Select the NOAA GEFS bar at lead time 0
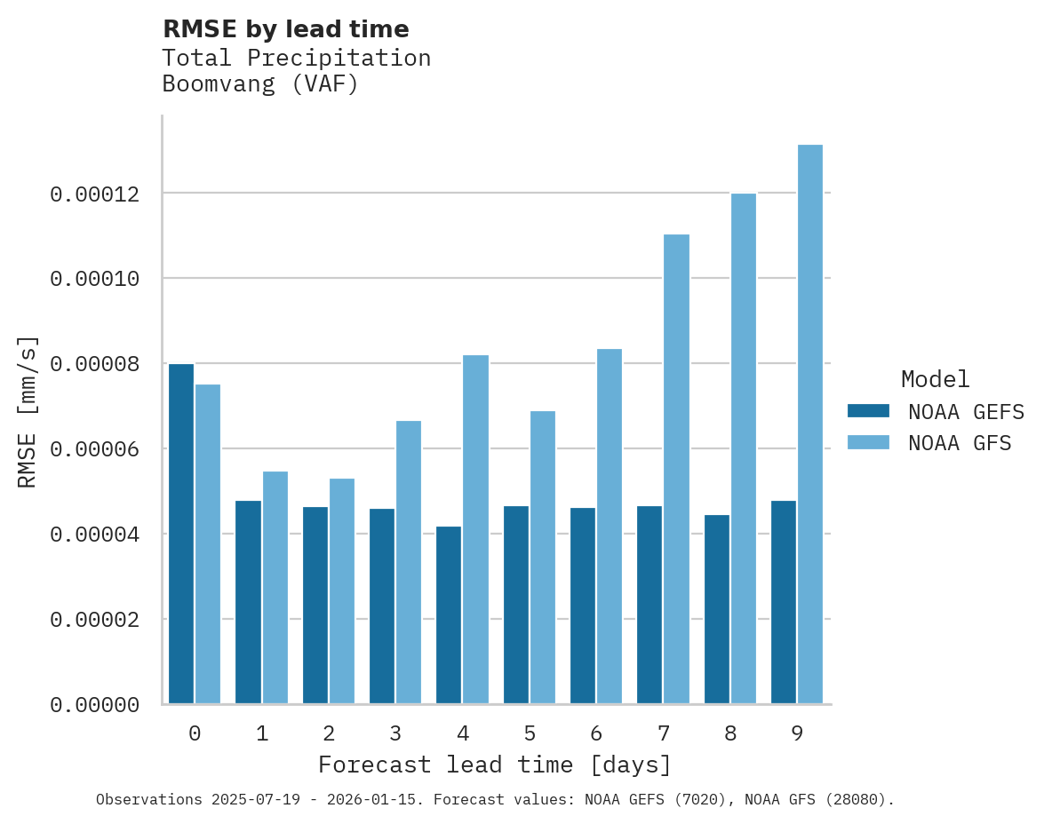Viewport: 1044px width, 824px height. tap(181, 534)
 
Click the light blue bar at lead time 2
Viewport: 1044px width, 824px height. tap(342, 591)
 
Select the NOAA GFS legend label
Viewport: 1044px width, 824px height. tap(960, 443)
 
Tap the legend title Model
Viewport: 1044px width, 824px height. tap(935, 379)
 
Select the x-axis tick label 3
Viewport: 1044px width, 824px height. tap(395, 733)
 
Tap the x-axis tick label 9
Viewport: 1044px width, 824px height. tap(797, 733)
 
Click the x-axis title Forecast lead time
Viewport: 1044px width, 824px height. tap(495, 765)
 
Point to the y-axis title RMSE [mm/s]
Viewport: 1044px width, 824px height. tap(28, 412)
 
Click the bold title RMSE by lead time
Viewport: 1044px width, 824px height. tap(285, 29)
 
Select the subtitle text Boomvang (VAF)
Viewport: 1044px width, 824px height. tap(260, 85)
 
